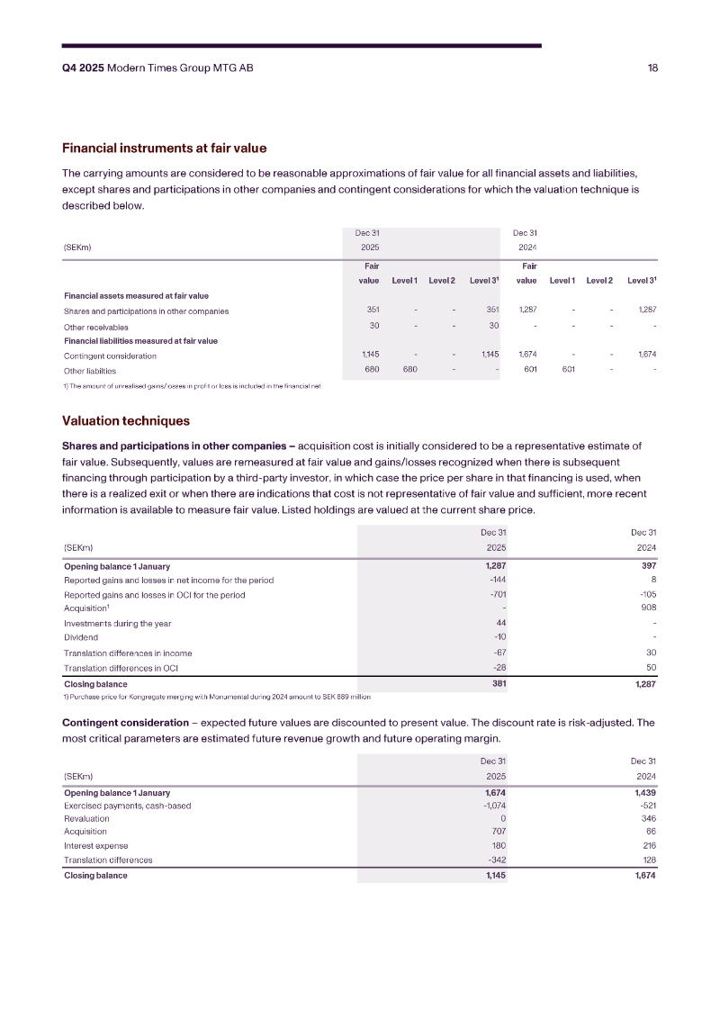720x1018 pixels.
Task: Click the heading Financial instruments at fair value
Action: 164,148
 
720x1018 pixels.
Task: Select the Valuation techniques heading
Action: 125,420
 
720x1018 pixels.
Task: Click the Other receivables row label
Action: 95,327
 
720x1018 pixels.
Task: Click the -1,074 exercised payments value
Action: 490,806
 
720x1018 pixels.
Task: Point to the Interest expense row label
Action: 95,846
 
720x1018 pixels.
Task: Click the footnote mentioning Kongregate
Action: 217,696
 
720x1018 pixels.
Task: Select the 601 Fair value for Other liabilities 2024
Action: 529,370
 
